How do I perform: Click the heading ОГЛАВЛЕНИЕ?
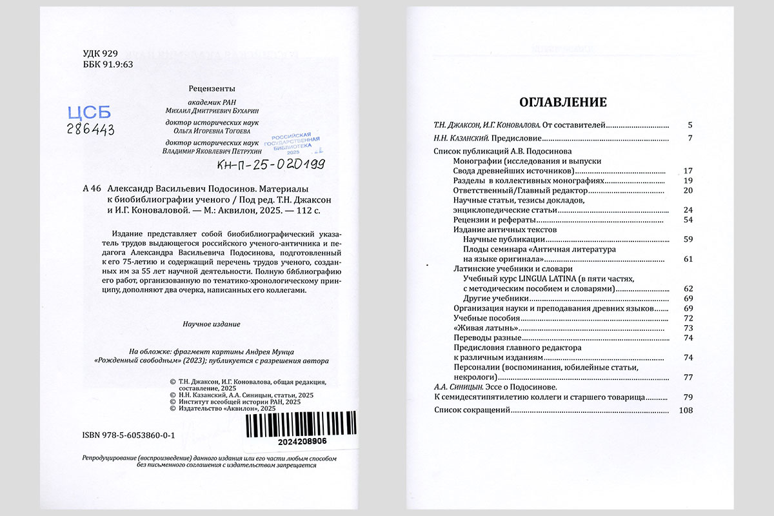tap(563, 103)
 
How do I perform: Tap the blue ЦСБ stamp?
tap(90, 112)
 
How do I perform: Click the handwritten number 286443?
tap(90, 129)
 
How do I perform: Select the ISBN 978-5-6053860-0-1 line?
tap(129, 436)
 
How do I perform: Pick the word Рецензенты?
tap(212, 88)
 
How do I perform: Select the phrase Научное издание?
tap(212, 324)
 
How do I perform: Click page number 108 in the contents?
tap(686, 410)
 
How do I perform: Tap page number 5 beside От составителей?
tap(690, 124)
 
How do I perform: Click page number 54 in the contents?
tap(688, 220)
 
